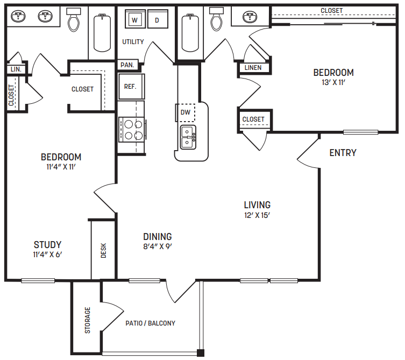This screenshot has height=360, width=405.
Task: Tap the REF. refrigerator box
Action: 130,86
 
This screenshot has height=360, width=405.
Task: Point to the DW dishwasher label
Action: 185,112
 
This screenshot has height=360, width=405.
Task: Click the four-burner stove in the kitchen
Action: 132,129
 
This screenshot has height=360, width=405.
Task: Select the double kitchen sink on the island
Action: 188,137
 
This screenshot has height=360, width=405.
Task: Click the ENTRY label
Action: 343,153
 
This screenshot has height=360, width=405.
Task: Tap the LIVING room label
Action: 257,205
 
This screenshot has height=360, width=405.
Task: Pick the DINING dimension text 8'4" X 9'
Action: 158,247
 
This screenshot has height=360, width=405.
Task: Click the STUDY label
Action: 47,244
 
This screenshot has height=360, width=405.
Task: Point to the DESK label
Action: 104,250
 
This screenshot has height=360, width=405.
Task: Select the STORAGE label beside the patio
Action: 87,320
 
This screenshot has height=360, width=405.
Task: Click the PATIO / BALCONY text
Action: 150,323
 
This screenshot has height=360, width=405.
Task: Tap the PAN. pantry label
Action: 127,65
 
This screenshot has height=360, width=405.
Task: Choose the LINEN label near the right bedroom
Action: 253,68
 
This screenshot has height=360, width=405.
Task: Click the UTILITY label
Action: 133,41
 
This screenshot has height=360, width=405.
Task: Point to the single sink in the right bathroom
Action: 249,18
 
